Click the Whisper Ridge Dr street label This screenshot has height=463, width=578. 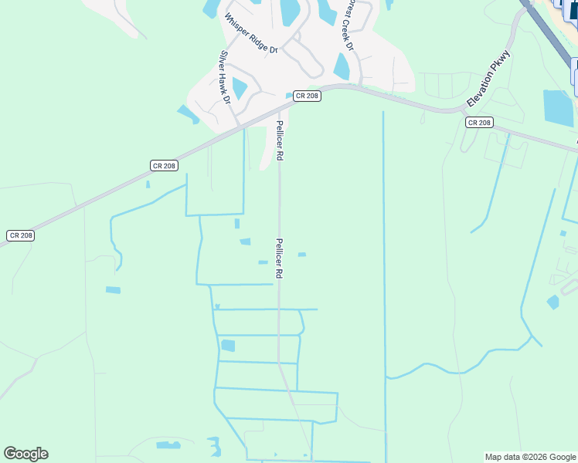[250, 32]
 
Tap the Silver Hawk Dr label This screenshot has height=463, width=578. [225, 77]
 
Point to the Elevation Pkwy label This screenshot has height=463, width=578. [488, 79]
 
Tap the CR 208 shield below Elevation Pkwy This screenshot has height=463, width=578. [479, 122]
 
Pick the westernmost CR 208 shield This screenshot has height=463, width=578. [20, 235]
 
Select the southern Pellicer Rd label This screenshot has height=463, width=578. [279, 258]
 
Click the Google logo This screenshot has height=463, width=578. [25, 454]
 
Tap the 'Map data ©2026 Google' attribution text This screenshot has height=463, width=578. [530, 457]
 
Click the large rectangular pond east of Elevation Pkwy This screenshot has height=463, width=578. [558, 107]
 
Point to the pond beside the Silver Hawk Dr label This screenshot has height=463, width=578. [240, 88]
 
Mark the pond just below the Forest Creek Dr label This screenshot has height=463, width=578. [341, 66]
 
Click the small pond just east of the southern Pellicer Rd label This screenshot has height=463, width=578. [301, 254]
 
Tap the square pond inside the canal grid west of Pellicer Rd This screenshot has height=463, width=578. [227, 346]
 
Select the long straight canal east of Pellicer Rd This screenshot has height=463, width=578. [384, 270]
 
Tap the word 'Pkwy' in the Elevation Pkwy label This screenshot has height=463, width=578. [501, 63]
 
